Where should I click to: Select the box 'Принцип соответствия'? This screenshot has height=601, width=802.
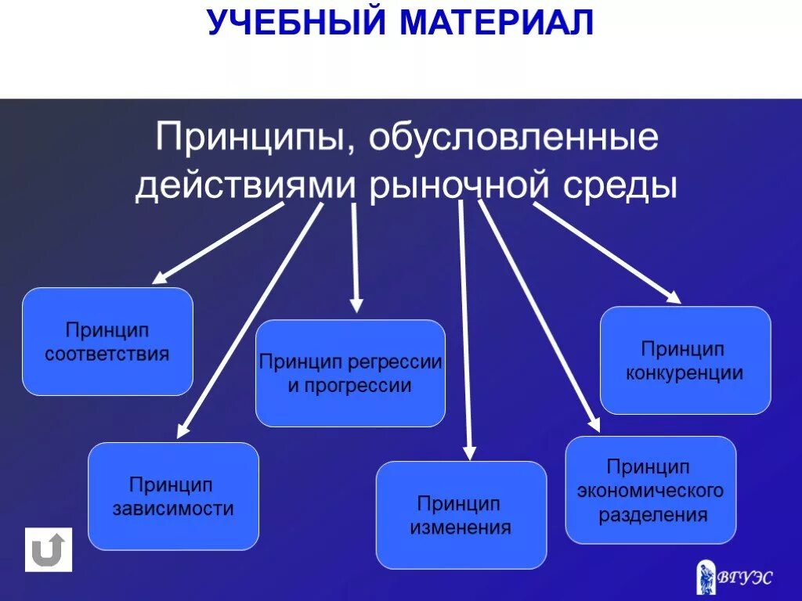click(x=107, y=341)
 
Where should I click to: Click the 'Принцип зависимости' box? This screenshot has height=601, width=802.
click(x=173, y=496)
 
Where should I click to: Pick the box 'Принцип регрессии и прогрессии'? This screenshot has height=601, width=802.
click(x=350, y=373)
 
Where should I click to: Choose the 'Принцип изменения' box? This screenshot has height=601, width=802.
click(x=461, y=515)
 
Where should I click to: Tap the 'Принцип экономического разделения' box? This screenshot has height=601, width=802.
click(x=650, y=490)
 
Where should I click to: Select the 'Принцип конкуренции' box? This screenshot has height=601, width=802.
click(x=685, y=360)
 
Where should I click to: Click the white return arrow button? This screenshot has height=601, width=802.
click(x=49, y=549)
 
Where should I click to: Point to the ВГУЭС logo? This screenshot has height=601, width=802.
click(x=734, y=578)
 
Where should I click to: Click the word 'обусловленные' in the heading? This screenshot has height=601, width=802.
click(x=513, y=139)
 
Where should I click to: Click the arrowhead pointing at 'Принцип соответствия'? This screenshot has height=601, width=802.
click(x=159, y=277)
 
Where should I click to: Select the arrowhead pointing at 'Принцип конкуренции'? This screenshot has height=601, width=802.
click(x=674, y=297)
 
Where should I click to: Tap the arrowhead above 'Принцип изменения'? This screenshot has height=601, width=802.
click(x=469, y=452)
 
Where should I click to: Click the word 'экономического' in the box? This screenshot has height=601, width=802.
click(x=650, y=491)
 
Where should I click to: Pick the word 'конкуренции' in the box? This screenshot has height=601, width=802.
click(x=685, y=372)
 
